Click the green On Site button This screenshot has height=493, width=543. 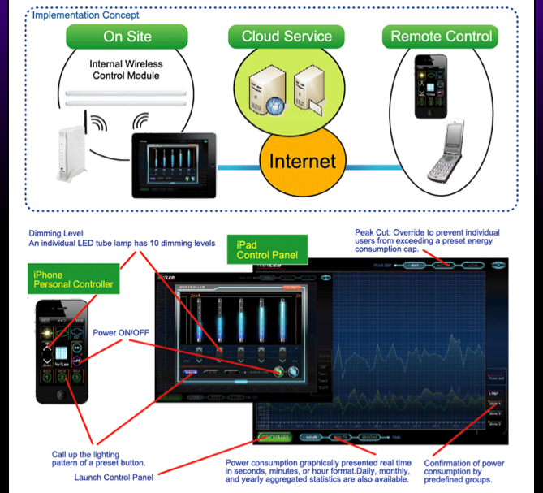126,36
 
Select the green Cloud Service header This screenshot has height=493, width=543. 287,36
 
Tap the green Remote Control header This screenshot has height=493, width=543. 441,36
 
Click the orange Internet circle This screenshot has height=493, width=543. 303,160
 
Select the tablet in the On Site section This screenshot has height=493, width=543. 174,164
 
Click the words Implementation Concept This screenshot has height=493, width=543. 86,15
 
